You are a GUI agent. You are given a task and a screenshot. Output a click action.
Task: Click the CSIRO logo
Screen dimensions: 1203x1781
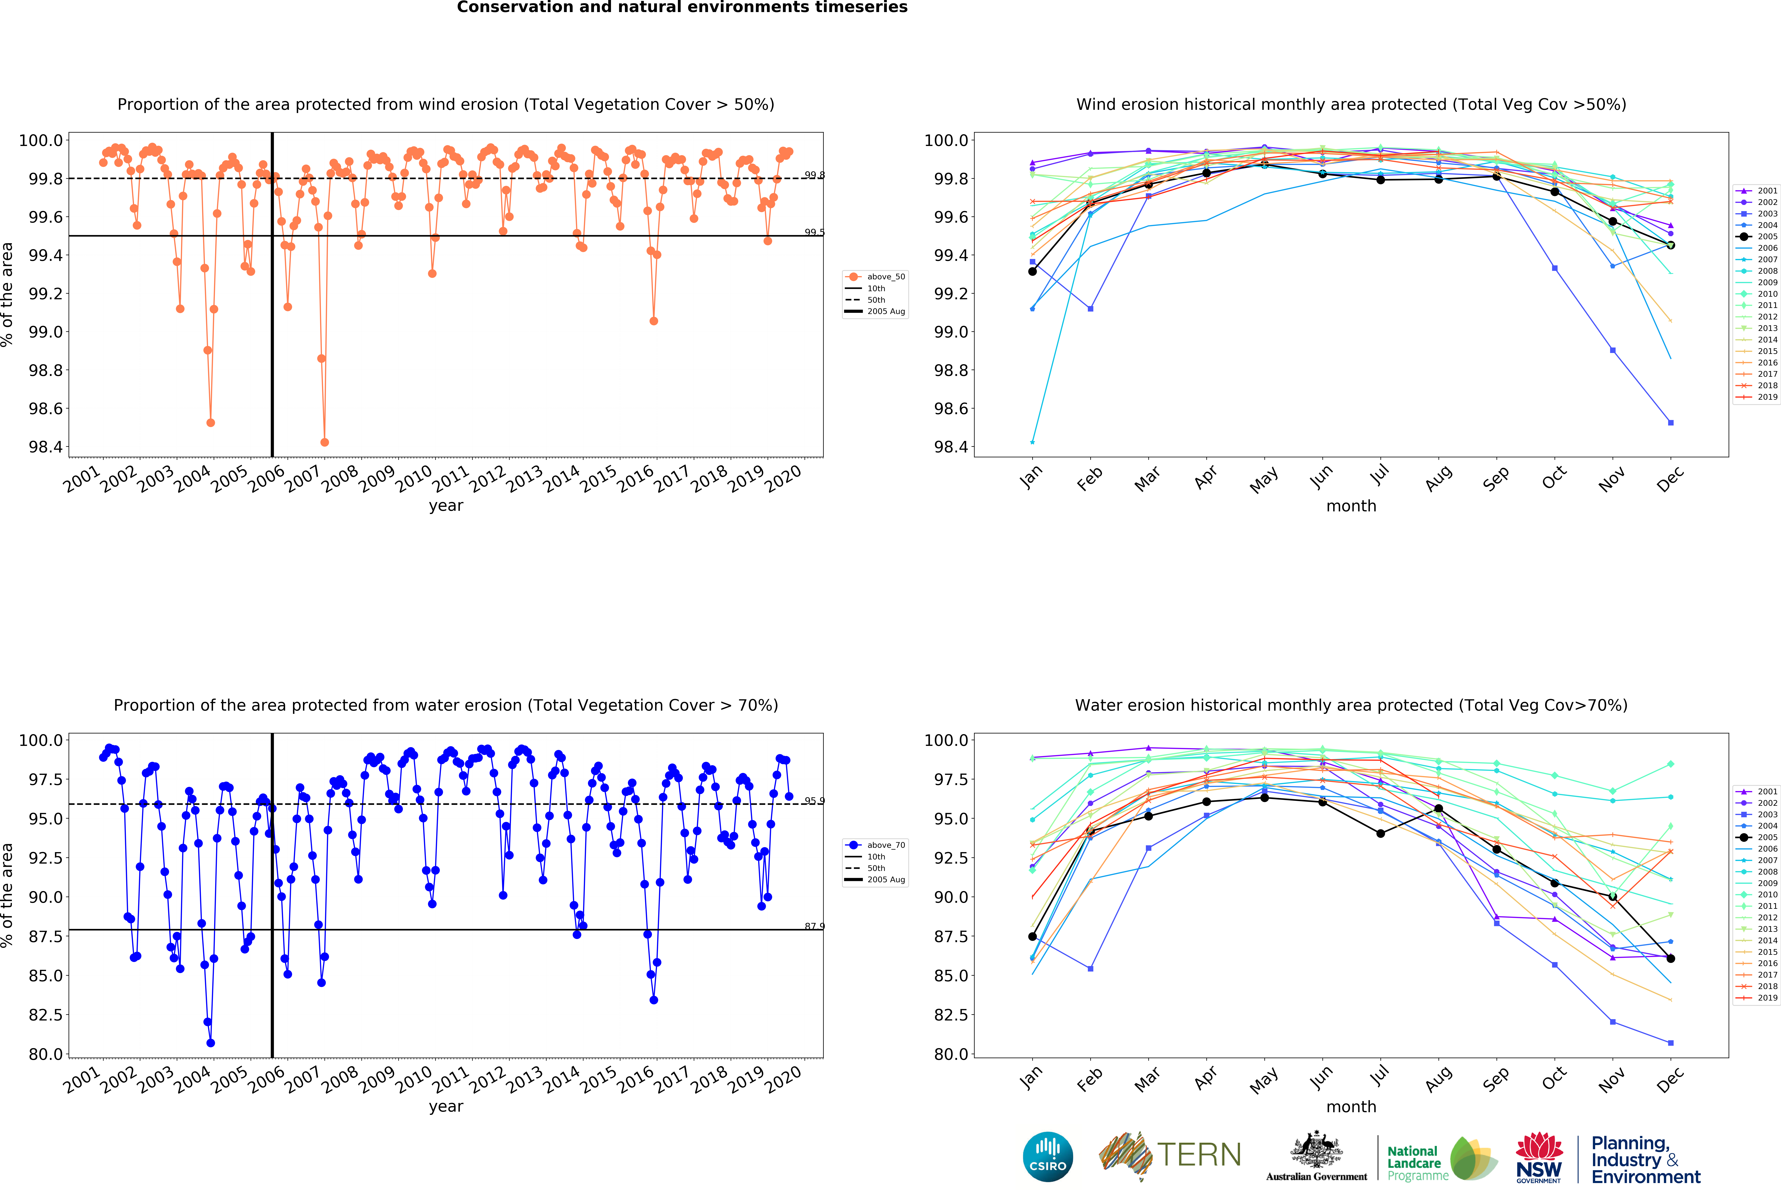click(1048, 1156)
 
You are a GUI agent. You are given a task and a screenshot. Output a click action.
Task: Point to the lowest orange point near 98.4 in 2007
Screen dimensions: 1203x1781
click(324, 442)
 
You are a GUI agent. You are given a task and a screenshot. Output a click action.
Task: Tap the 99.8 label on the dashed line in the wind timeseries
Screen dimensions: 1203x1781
click(814, 176)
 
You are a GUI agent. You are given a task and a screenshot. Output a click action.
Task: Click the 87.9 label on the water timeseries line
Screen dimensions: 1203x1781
click(814, 926)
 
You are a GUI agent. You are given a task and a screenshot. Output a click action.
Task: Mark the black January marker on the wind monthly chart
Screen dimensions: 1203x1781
click(1032, 271)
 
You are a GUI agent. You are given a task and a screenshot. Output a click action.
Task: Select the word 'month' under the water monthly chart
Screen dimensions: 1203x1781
click(1351, 1106)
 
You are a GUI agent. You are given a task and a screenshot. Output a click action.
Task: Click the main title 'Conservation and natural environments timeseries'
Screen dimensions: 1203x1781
click(682, 8)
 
